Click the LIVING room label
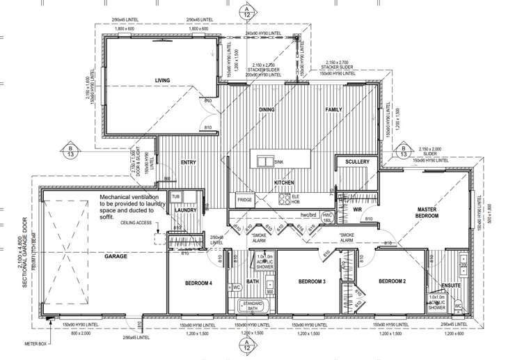pyautogui.click(x=162, y=81)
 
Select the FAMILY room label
pyautogui.click(x=335, y=110)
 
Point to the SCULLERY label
pyautogui.click(x=356, y=163)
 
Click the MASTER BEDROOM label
pyautogui.click(x=426, y=213)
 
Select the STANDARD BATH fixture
pyautogui.click(x=251, y=306)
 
